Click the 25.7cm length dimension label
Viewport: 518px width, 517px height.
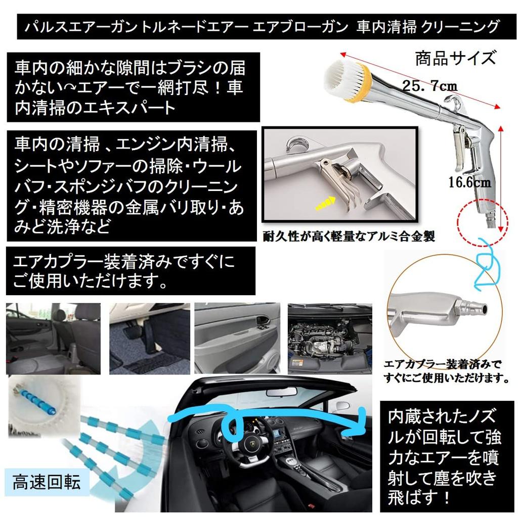point(429,85)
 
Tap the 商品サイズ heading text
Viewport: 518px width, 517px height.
point(455,58)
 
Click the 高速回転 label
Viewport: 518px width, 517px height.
point(47,483)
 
